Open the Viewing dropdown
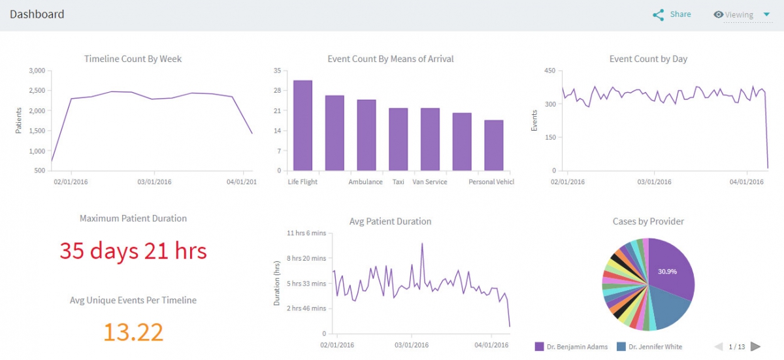click(742, 15)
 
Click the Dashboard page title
click(37, 14)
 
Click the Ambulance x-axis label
click(365, 182)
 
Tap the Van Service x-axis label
click(430, 182)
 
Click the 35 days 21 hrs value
click(133, 250)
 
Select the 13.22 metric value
click(133, 332)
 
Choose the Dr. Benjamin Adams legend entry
click(572, 346)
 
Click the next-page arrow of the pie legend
click(755, 346)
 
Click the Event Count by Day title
click(648, 59)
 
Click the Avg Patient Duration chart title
click(390, 221)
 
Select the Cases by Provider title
click(648, 221)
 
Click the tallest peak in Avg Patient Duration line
click(422, 244)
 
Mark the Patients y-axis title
click(19, 120)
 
